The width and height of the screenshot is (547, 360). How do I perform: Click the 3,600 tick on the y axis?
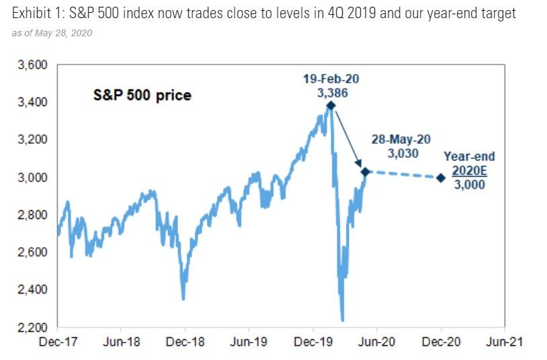click(x=34, y=65)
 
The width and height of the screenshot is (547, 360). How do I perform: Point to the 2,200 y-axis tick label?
click(x=34, y=327)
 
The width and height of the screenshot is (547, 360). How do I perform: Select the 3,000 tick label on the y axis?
click(x=34, y=177)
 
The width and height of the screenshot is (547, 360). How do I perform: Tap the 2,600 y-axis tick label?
click(x=34, y=253)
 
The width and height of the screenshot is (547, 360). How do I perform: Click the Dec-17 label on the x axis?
click(x=58, y=342)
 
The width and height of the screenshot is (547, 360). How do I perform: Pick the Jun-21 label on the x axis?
click(x=503, y=342)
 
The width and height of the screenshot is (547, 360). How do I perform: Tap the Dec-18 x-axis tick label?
click(x=185, y=342)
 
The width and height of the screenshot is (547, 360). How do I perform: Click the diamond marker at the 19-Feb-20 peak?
click(x=331, y=105)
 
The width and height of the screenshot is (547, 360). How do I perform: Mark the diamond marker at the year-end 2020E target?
click(x=441, y=178)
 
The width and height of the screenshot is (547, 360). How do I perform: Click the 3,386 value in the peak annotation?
click(x=333, y=93)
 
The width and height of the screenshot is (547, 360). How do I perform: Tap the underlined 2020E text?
click(x=469, y=171)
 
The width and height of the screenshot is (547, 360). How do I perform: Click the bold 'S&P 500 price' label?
click(x=142, y=96)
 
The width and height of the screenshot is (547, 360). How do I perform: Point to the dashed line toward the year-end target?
click(x=403, y=175)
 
